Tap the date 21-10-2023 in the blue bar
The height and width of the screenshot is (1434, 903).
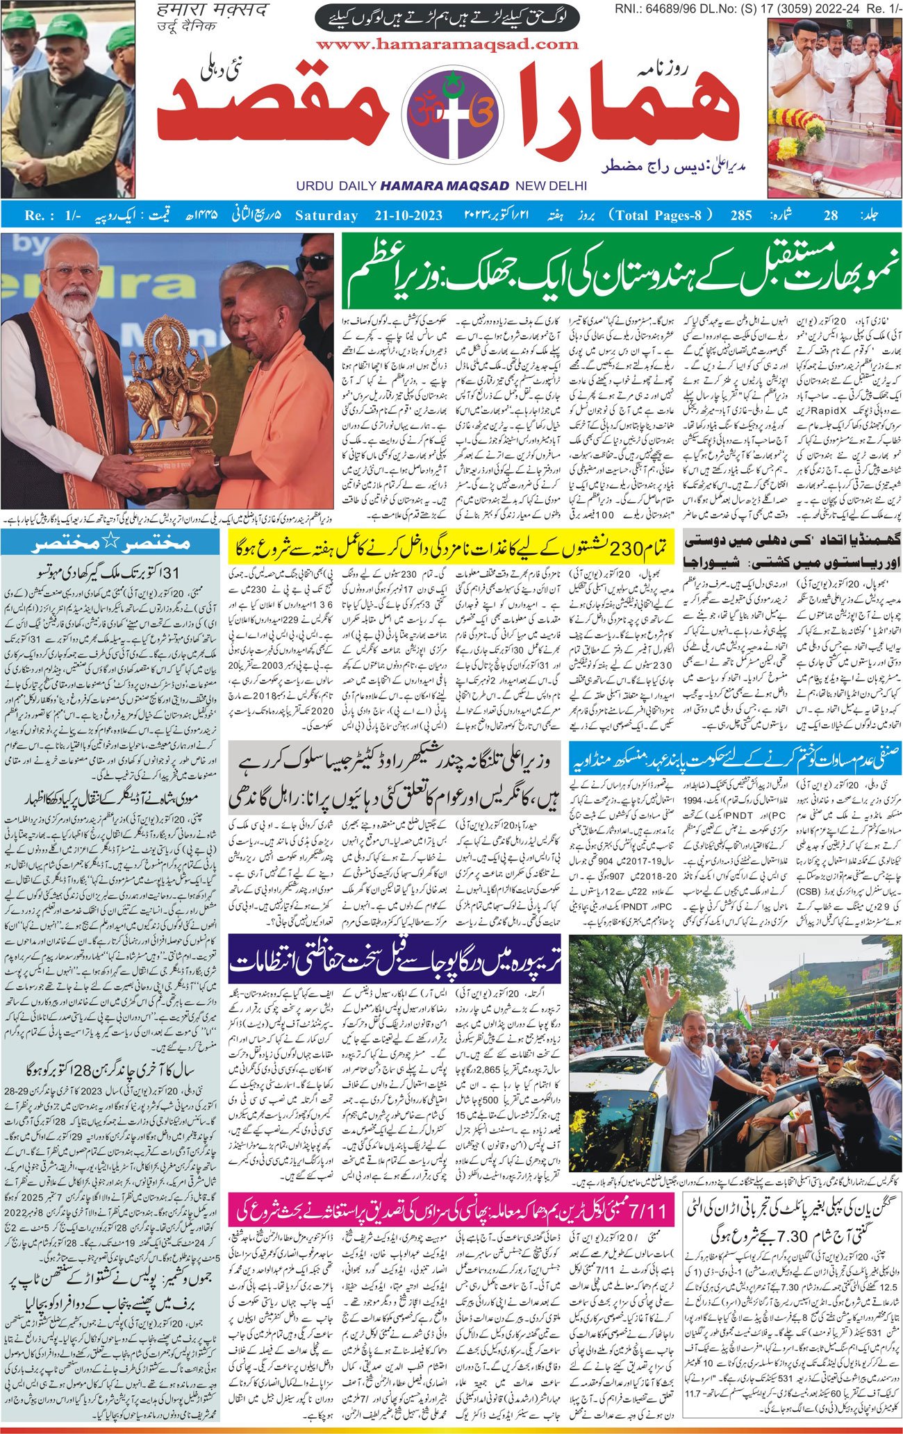point(404,215)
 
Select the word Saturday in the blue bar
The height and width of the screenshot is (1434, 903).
point(326,215)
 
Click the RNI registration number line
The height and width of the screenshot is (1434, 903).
point(757,8)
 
